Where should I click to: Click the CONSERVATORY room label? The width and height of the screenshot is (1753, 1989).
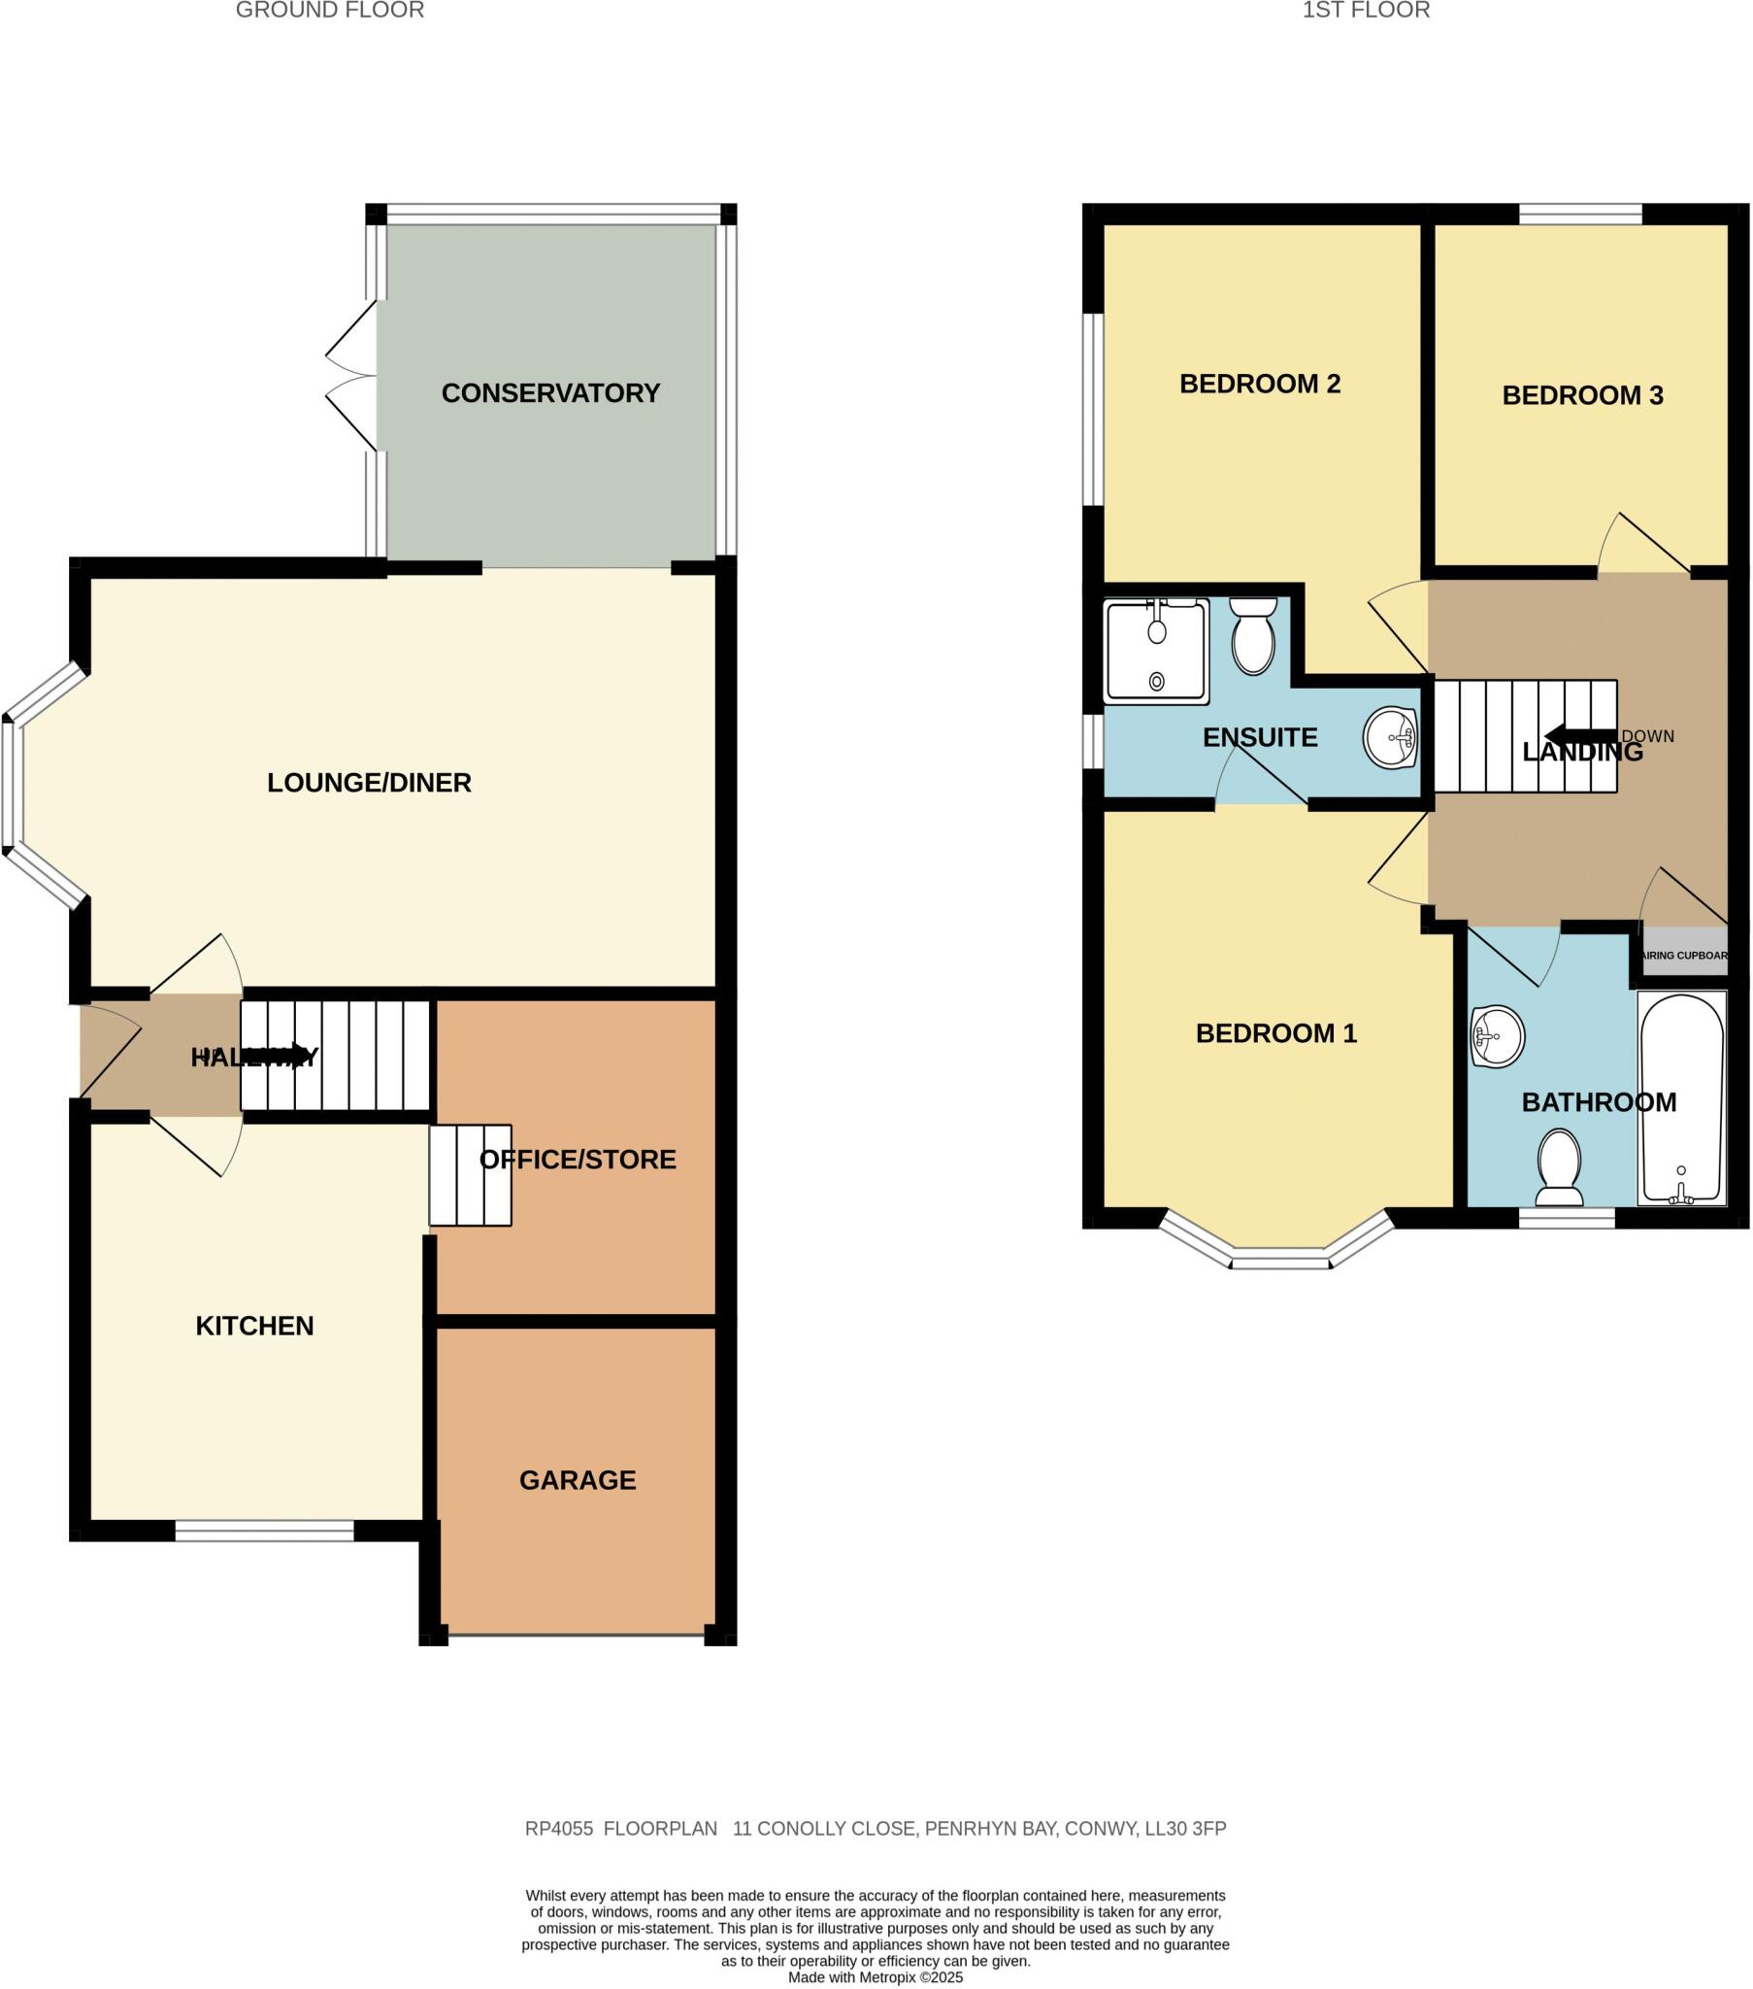point(550,393)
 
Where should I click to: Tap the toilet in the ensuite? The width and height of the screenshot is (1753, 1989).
point(1253,637)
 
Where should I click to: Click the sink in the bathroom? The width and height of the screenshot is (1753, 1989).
point(1497,1036)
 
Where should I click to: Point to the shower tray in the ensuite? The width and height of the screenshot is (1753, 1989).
point(1157,650)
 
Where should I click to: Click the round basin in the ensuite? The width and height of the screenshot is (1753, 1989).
point(1390,738)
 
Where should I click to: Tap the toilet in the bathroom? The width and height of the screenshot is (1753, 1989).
point(1559,1164)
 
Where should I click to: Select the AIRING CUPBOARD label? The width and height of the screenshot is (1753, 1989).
point(1685,956)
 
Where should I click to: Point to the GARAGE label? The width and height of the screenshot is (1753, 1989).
point(577,1480)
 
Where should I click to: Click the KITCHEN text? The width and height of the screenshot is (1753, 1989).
point(255,1326)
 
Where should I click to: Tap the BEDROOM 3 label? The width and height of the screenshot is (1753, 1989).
point(1583,395)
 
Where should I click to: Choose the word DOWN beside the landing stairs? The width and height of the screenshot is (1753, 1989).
point(1648,736)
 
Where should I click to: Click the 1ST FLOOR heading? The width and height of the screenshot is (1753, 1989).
point(1366,11)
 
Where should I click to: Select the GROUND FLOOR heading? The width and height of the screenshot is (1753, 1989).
point(330,11)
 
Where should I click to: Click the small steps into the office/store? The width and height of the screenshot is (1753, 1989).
point(470,1174)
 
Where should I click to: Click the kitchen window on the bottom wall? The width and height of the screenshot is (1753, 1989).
point(264,1531)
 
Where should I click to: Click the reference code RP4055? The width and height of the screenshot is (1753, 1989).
point(558,1829)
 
